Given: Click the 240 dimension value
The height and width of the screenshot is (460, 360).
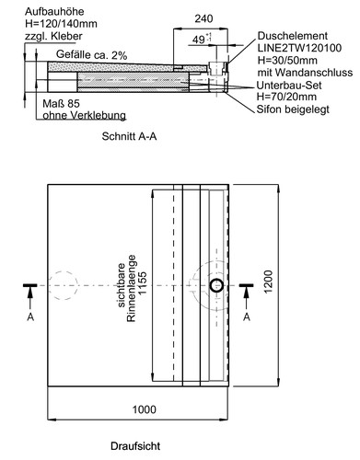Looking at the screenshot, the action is [203, 18].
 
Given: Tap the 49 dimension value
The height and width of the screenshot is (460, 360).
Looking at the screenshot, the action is [199, 40].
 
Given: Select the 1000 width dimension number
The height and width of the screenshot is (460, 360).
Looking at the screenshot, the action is [144, 409].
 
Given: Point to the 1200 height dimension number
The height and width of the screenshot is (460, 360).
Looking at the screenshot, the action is [268, 282].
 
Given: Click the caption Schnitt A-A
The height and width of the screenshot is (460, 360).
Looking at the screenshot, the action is [129, 136].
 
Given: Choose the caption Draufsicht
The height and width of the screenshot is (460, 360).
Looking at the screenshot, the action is [135, 446].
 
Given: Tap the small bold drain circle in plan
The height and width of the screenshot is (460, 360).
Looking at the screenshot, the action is [216, 285].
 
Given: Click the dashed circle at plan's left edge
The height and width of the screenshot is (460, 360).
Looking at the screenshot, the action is [63, 285].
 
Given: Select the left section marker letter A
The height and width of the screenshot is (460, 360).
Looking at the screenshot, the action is [30, 316].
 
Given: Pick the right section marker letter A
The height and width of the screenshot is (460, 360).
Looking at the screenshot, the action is [247, 316].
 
